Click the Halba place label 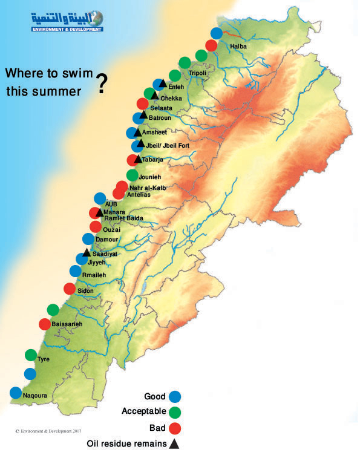point(240,46)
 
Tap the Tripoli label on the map point(197,73)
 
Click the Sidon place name point(85,291)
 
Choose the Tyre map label point(44,359)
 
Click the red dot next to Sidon point(70,289)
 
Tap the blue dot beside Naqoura point(16,392)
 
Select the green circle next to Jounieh point(133,175)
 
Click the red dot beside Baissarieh point(45,324)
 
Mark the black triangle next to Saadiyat point(87,253)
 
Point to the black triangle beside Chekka point(155,96)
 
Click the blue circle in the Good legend point(175,397)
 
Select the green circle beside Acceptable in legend point(175,413)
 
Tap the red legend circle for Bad point(175,428)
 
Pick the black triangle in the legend point(175,444)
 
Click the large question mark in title point(102,85)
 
